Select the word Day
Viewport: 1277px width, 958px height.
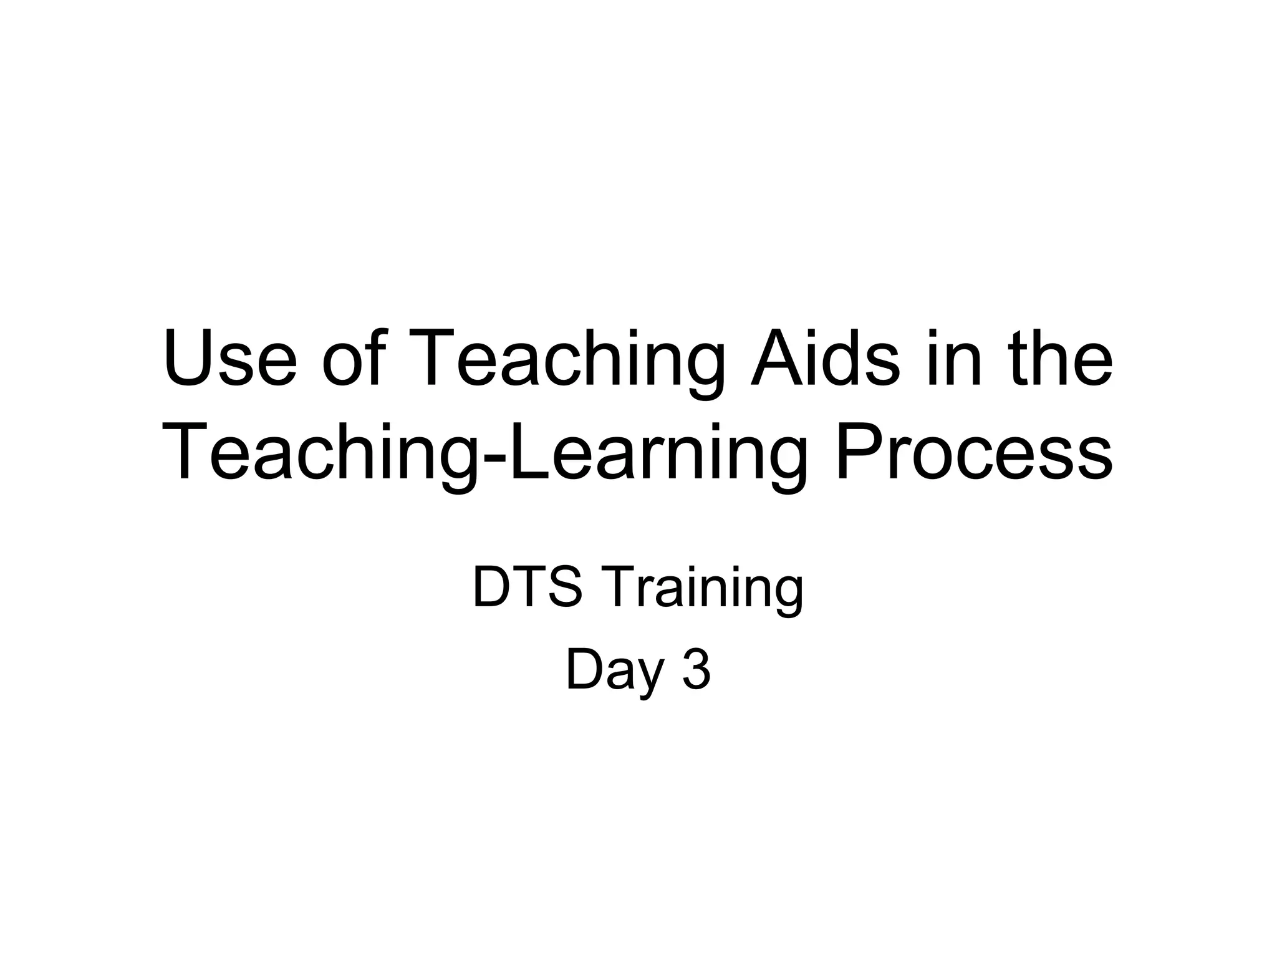pos(614,674)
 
